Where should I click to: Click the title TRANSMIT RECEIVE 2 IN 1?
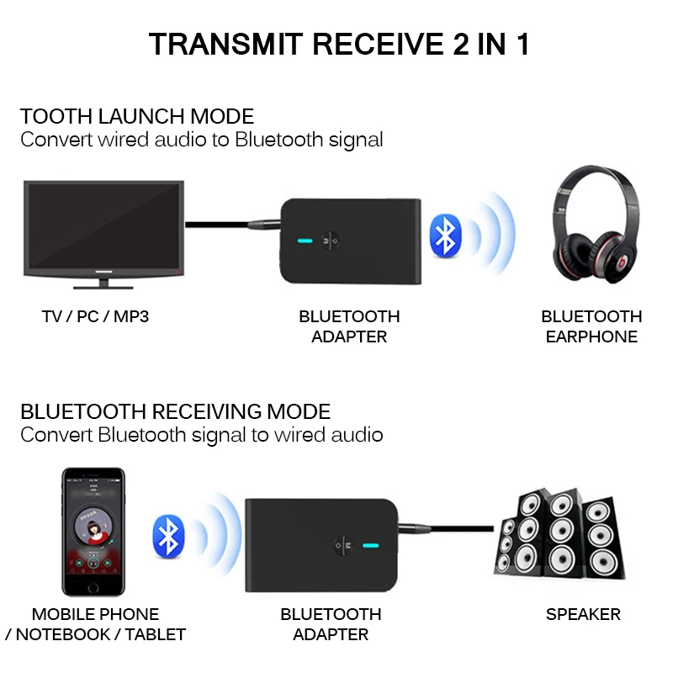(x=339, y=44)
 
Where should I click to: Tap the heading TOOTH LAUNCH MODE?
(x=137, y=116)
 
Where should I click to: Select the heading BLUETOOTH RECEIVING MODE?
(x=175, y=412)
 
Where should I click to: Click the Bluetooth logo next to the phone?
(x=168, y=537)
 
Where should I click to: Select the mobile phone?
(x=94, y=532)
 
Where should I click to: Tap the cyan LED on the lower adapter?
(x=367, y=545)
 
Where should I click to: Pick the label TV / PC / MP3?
(x=95, y=317)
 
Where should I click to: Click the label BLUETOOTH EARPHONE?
(x=591, y=326)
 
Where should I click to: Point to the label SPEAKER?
(x=583, y=614)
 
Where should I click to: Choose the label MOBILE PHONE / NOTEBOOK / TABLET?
(x=95, y=624)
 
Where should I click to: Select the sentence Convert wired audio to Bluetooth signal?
(x=202, y=139)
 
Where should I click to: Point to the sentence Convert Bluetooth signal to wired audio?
(x=202, y=435)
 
